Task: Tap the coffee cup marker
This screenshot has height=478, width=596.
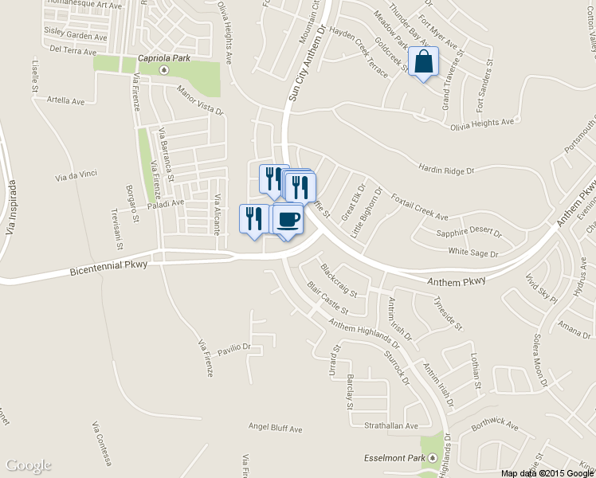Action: (x=288, y=218)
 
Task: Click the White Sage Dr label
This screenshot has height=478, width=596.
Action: (x=472, y=253)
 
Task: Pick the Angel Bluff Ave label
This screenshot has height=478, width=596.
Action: (x=275, y=429)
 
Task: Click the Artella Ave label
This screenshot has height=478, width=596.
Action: (x=66, y=101)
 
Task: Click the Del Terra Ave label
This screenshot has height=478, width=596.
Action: (x=73, y=49)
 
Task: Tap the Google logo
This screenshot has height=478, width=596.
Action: (x=28, y=465)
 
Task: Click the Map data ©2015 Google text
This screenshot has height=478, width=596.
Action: (x=547, y=472)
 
